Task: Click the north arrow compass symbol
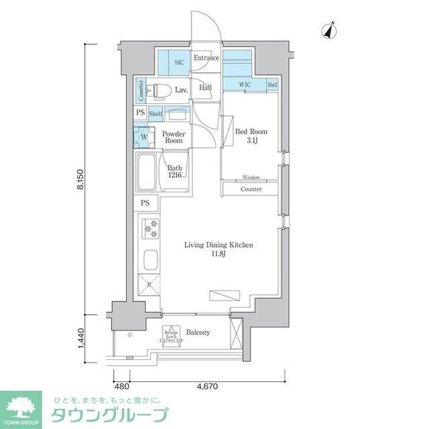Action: (x=329, y=30)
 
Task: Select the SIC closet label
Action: (x=179, y=62)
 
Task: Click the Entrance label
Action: (x=206, y=58)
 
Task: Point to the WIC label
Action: (x=246, y=85)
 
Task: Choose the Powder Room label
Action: (x=173, y=137)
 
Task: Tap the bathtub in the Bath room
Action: (x=147, y=172)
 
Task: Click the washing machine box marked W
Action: (x=142, y=137)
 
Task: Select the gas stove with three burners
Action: (x=148, y=229)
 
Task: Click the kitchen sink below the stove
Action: (x=149, y=259)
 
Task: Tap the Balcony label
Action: (x=198, y=332)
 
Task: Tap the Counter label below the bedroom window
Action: (x=251, y=189)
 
